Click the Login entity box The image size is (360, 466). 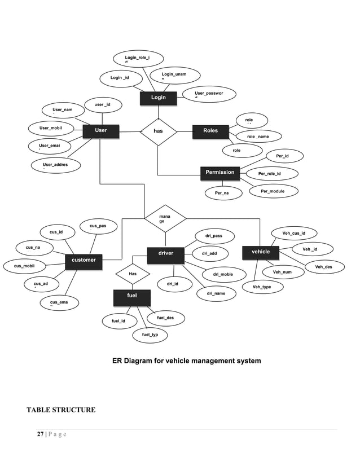[x=159, y=98]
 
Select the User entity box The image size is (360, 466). [x=101, y=131]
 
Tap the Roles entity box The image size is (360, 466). [x=210, y=131]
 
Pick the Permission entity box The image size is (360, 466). [x=220, y=173]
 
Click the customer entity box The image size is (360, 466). [x=84, y=260]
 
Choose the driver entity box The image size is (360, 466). [x=166, y=254]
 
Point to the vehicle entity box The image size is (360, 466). [x=261, y=252]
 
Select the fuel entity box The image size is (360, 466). [x=131, y=296]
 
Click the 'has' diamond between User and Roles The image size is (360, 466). [x=159, y=131]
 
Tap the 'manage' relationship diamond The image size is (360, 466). [x=165, y=218]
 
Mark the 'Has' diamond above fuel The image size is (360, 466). [x=133, y=274]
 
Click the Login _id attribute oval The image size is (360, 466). [x=120, y=78]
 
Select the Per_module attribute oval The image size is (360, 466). [x=273, y=191]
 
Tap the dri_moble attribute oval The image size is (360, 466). [x=222, y=275]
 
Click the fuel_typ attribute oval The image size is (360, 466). [x=150, y=335]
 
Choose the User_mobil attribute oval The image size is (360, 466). [x=50, y=129]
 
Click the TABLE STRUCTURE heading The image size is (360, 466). [x=61, y=410]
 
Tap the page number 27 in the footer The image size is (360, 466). [x=41, y=434]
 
